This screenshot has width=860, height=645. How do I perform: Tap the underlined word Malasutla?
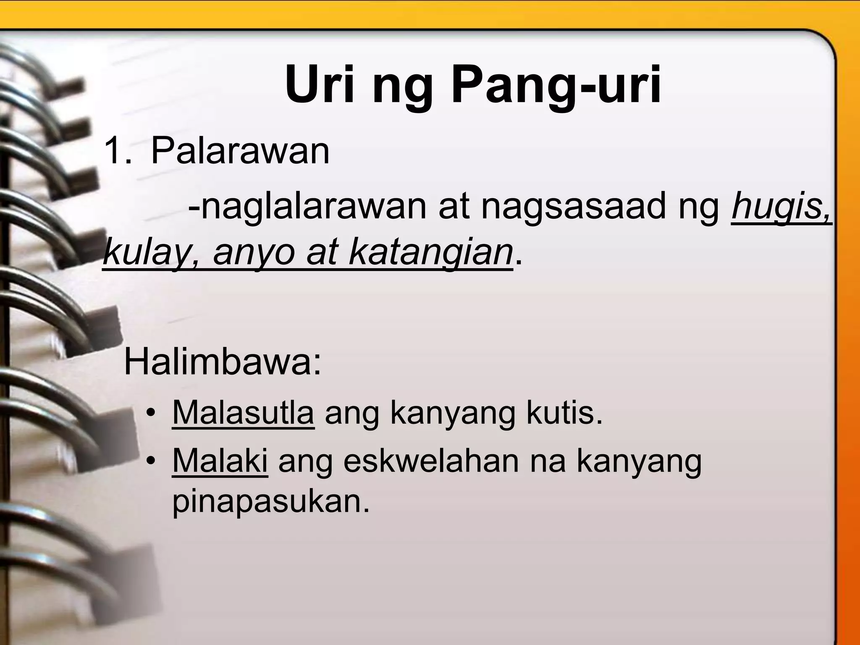[243, 413]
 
